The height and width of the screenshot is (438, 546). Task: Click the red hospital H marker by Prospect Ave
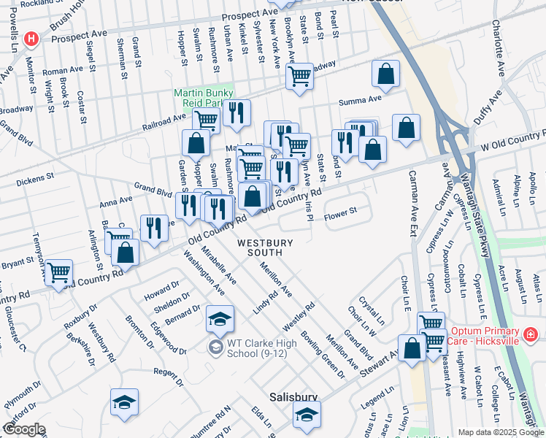point(31,39)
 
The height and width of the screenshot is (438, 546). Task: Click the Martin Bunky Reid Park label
point(203,98)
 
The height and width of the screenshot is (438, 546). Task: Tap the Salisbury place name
point(293,397)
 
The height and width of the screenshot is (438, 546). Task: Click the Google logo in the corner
point(24,429)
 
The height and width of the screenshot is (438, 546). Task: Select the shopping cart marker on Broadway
point(300,75)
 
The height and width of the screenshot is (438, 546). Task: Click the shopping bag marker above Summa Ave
point(385,73)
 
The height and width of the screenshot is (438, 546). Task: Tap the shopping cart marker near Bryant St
point(58,273)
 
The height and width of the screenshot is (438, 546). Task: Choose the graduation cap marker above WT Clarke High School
point(219,319)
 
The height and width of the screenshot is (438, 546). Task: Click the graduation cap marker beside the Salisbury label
point(307,415)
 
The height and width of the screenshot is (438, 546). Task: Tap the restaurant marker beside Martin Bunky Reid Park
point(236,112)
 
